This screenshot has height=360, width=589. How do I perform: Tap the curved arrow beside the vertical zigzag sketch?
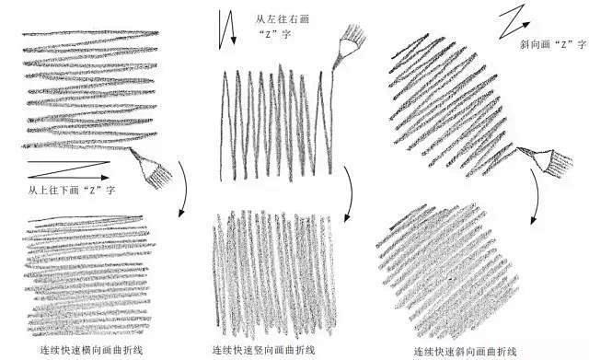click(x=349, y=194)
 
